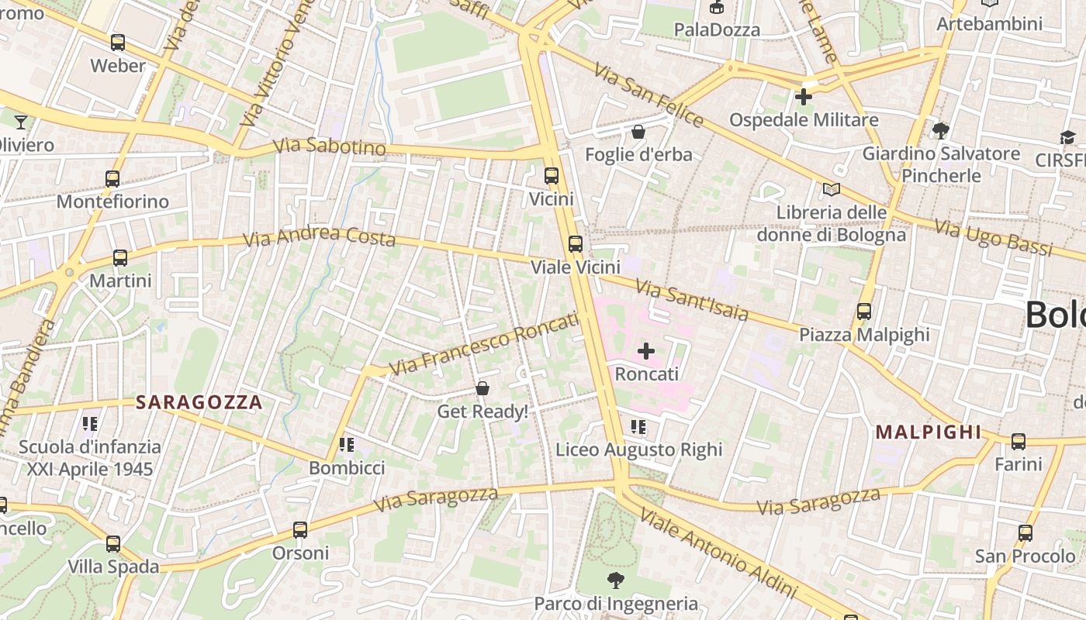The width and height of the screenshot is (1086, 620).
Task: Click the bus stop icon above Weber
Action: click(118, 43)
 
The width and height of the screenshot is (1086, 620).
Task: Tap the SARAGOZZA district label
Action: click(199, 402)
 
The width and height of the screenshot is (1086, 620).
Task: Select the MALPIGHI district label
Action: click(929, 432)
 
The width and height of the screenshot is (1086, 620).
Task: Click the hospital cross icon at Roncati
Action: click(645, 352)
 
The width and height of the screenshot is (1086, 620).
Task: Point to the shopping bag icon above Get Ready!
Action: click(482, 388)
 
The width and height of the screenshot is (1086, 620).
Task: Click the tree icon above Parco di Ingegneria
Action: click(616, 580)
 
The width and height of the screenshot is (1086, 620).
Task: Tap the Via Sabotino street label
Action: click(330, 146)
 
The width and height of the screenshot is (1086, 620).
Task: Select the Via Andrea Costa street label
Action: click(320, 236)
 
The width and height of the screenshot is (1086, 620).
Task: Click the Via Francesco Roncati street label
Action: click(484, 343)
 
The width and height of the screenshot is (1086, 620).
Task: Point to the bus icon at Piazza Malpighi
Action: click(864, 312)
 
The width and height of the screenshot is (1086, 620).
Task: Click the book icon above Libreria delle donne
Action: click(832, 189)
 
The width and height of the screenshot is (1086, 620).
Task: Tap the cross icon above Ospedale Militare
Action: click(804, 97)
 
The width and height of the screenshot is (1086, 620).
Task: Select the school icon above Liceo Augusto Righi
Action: click(638, 427)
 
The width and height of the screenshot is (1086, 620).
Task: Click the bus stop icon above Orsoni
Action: click(300, 530)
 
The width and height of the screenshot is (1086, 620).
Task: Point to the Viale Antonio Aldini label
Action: click(718, 554)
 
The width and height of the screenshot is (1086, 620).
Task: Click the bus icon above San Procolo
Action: click(1025, 533)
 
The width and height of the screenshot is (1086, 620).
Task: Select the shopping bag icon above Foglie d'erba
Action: click(638, 132)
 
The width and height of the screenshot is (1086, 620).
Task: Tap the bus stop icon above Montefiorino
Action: click(112, 179)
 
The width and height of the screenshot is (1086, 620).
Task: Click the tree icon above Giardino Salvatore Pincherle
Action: click(941, 130)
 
